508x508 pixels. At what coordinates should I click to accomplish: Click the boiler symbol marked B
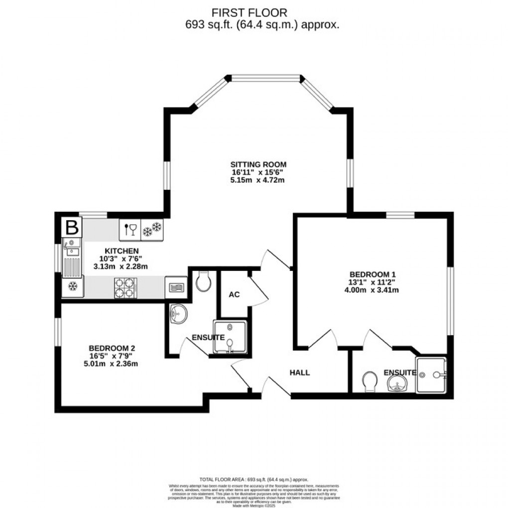pos(72,228)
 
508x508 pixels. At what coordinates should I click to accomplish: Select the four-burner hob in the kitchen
pos(126,287)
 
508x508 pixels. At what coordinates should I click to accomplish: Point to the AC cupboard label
pos(234,295)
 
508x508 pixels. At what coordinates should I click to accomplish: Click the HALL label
pos(300,372)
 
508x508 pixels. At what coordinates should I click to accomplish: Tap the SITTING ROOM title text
pos(258,164)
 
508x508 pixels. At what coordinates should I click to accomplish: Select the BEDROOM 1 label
pos(373,274)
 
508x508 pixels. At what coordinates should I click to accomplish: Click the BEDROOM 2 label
pos(113,348)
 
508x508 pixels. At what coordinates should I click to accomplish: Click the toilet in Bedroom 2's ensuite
pos(203,282)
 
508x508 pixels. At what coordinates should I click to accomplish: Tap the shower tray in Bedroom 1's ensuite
pos(431,375)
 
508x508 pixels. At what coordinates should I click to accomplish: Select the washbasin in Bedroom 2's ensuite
pos(178,314)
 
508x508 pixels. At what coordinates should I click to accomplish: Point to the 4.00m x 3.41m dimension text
pos(373,290)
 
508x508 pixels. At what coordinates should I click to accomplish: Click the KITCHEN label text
pos(122,251)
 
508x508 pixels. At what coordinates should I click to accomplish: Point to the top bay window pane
pos(265,78)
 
